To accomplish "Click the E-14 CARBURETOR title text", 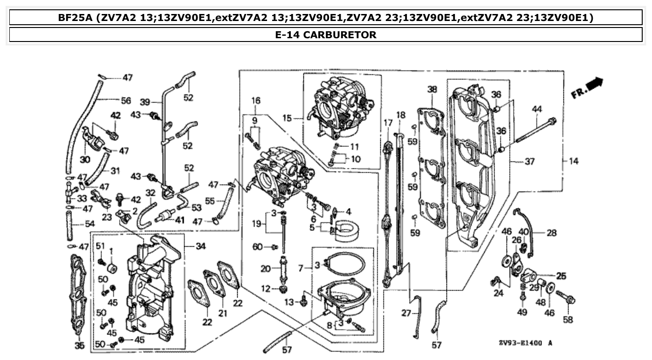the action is tap(325, 35).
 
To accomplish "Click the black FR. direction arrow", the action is tap(594, 84).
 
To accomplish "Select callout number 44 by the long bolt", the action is tap(537, 109).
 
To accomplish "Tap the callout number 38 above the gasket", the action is tap(432, 89).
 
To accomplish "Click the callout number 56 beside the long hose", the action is tap(126, 100).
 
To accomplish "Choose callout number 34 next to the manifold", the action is tap(201, 246).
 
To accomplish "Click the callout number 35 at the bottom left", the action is tap(79, 346).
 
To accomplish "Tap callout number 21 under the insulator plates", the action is tap(223, 313).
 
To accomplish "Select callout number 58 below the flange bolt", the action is tap(568, 320).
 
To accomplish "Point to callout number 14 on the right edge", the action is tap(573, 161).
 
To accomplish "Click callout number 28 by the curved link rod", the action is tap(551, 232).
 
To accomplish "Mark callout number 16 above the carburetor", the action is tap(256, 101).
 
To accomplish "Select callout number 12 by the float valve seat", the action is tap(266, 289).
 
